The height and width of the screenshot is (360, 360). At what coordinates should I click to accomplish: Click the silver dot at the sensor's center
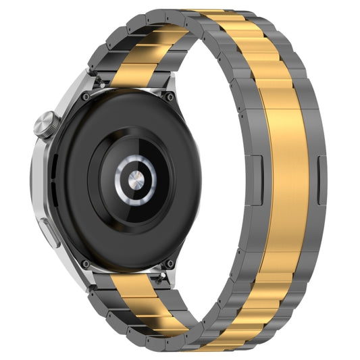point(135,180)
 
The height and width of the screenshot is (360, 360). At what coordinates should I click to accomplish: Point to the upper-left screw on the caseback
point(85,97)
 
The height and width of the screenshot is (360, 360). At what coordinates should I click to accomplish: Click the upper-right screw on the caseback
point(170,97)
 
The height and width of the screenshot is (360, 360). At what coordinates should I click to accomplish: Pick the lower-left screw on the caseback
point(85,263)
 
